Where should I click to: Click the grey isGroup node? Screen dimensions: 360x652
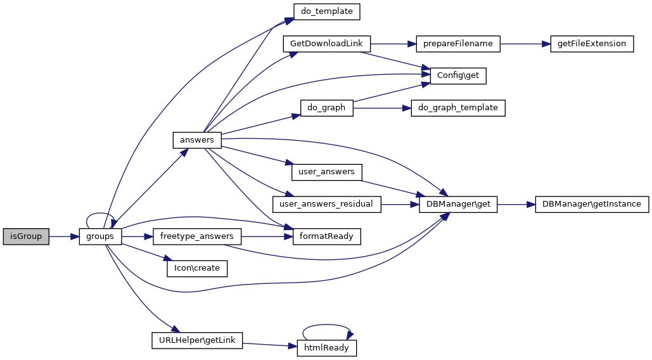26,236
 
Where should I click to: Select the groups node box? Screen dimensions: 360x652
100,236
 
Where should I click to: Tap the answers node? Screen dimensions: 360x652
196,140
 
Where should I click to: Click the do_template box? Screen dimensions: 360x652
327,11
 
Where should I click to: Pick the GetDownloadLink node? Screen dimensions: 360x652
326,44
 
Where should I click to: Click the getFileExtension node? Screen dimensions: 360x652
592,44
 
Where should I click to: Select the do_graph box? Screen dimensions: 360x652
326,108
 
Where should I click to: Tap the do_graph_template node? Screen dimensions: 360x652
459,108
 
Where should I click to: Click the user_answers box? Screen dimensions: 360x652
326,172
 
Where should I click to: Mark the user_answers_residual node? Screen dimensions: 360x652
326,204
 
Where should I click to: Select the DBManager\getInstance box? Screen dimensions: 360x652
592,204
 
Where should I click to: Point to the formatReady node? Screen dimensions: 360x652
326,236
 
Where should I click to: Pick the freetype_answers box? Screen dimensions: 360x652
197,236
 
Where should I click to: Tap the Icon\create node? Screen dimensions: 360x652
196,268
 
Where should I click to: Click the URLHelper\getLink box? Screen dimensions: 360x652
197,340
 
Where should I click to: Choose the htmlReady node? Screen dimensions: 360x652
326,348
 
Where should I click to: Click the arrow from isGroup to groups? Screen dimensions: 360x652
63,236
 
